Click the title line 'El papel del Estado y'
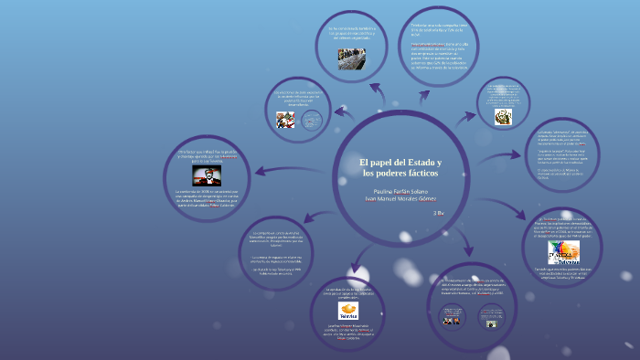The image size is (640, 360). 400,162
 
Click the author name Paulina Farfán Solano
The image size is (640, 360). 400,191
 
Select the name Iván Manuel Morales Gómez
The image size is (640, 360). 400,199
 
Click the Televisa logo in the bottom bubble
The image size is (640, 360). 349,311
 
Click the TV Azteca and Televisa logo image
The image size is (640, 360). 563,251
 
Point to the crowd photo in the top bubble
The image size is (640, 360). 351,63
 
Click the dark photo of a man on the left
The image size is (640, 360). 207,175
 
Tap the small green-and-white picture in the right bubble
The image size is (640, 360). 502,116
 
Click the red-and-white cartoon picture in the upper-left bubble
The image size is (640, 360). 285,120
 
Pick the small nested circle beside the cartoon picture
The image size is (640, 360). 312,119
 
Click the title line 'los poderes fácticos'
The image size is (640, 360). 400,173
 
